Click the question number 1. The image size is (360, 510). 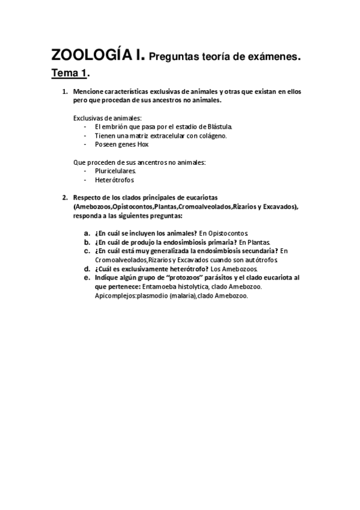tap(65, 92)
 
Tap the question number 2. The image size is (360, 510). tap(65, 197)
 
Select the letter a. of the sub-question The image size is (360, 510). tap(87, 232)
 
